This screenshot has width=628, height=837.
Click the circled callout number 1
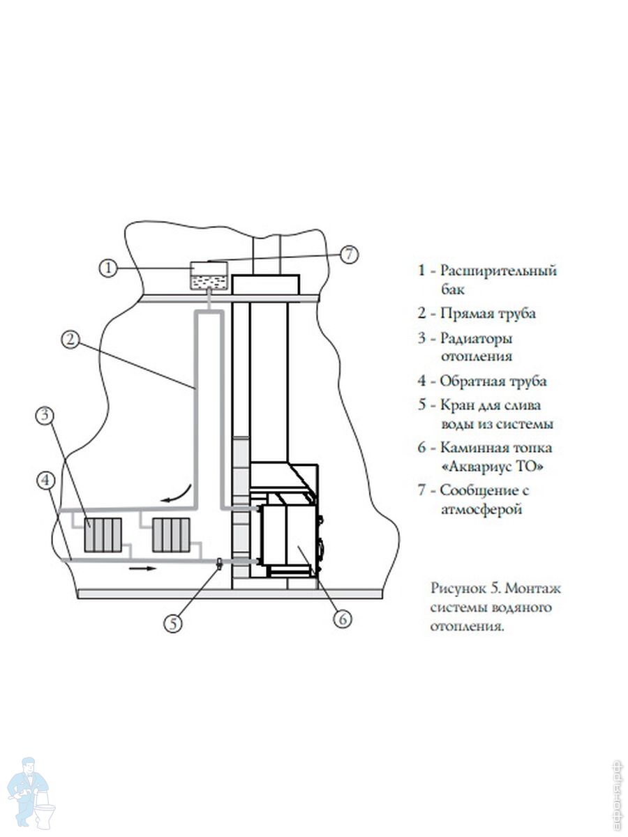[108, 268]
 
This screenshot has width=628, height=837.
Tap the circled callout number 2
[70, 340]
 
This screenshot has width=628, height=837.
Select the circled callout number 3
[45, 415]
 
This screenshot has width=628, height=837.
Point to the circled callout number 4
[47, 481]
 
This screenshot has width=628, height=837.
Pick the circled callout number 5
[174, 624]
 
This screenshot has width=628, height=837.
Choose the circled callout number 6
[343, 619]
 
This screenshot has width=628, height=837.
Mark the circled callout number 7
[350, 255]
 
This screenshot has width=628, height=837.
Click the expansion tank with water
[209, 276]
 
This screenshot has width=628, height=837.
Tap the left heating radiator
[103, 534]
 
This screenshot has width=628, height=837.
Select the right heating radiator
[171, 534]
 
